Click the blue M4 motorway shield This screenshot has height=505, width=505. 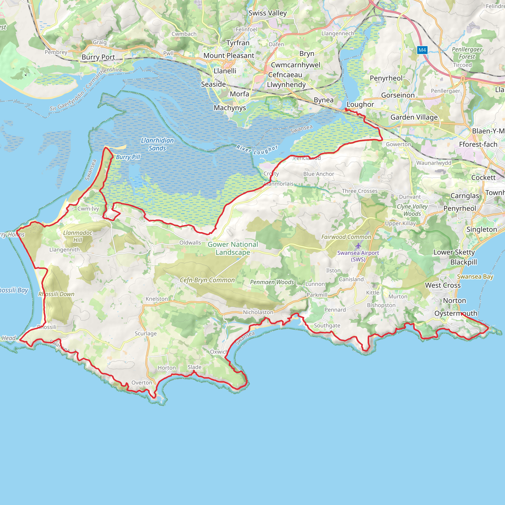pos(422,50)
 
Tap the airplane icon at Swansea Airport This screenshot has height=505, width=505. pos(358,246)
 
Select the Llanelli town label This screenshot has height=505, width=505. pos(225,71)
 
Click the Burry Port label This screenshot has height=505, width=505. pos(98,57)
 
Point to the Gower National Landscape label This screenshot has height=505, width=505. pos(233,248)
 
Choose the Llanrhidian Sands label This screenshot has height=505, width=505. pos(157,144)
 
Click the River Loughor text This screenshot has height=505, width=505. pos(257,150)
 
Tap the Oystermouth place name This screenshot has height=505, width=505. pos(456,313)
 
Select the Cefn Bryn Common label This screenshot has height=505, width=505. pos(207,280)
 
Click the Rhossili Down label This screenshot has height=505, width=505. pos(56,294)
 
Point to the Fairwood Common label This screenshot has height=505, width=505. pos(346,237)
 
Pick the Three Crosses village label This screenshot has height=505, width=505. pos(360,191)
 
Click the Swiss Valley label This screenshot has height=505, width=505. pos(268,13)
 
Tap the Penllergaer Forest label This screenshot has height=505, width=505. pos(467,53)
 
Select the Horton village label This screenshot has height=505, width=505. pos(167,368)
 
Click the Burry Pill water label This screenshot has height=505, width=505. pos(128,157)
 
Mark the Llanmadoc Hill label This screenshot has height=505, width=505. pos(78,236)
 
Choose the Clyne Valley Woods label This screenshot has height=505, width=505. pos(412,210)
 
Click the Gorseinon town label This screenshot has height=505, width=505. pos(398,95)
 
